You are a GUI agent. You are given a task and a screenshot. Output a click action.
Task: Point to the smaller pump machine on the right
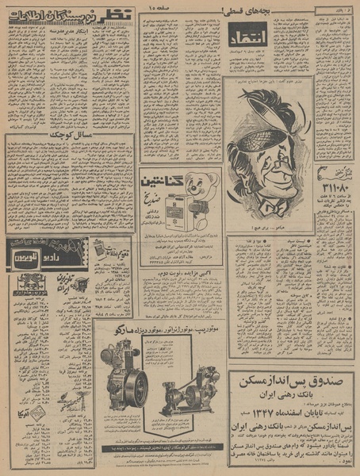point(191,389)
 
